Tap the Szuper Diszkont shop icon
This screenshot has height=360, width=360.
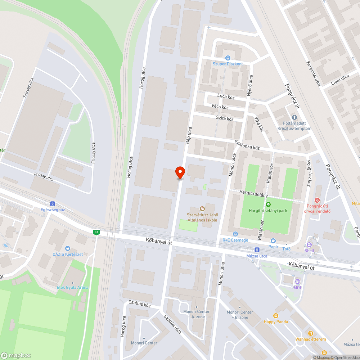(x=228, y=58)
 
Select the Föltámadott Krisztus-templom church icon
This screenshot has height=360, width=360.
(x=294, y=117)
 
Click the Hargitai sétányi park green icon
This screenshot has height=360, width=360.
(x=268, y=204)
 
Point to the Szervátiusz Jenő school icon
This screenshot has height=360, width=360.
(x=202, y=209)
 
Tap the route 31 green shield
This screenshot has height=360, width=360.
(x=96, y=232)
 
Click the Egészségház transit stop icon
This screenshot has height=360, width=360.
(x=53, y=203)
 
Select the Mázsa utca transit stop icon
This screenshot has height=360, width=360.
(x=257, y=249)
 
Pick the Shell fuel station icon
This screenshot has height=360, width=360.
(x=309, y=244)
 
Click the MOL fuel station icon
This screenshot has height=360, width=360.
(x=297, y=282)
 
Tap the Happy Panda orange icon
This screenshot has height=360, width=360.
(x=275, y=315)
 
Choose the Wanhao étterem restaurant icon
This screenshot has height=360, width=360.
(x=311, y=333)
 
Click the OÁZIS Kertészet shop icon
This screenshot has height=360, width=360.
(x=67, y=248)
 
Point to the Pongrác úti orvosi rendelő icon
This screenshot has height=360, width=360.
(x=317, y=200)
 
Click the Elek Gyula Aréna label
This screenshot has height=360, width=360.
(x=72, y=287)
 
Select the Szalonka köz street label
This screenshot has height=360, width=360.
(x=247, y=145)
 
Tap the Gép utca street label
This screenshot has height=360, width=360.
(x=189, y=135)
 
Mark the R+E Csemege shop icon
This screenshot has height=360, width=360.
(x=235, y=234)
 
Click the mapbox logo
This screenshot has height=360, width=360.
(x=16, y=355)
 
